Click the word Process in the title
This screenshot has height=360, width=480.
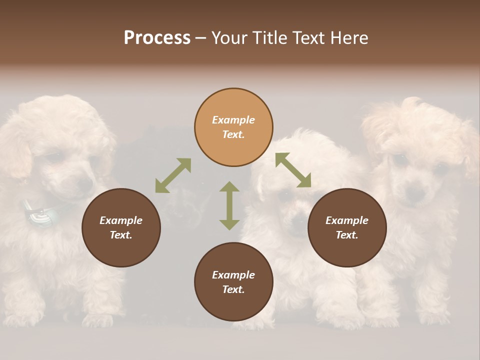tap(157, 38)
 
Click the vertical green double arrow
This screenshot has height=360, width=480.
tap(229, 205)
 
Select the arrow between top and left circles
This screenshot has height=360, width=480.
tap(173, 175)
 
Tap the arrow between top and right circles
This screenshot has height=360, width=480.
tap(293, 170)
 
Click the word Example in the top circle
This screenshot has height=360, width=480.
tap(233, 120)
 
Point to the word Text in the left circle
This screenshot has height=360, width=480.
tap(121, 235)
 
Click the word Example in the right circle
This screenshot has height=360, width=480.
tap(347, 220)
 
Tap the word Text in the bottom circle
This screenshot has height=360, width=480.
tap(233, 289)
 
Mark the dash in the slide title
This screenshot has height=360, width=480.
tap(201, 38)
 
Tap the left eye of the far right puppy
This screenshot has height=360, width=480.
tap(400, 161)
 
